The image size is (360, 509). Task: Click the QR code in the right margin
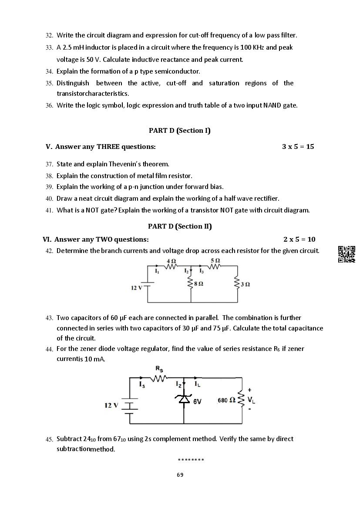347,254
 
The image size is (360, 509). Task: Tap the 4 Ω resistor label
171,261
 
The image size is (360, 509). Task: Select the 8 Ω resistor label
199,283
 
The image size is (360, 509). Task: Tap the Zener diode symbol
184,398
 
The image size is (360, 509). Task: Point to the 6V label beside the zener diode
197,401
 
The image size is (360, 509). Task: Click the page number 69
180,475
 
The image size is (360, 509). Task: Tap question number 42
49,251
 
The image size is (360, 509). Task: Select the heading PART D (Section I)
179,131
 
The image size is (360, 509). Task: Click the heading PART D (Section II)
180,226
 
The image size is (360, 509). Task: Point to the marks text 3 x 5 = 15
298,147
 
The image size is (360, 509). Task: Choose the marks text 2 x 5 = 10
299,239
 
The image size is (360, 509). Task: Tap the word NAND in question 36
272,105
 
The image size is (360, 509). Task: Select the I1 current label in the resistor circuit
157,271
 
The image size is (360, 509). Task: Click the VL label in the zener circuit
251,400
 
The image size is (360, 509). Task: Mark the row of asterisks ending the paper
191,460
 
